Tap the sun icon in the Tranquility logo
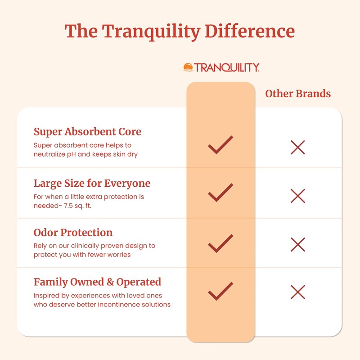tap(188, 67)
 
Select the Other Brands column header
tap(298, 94)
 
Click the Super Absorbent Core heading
tap(87, 132)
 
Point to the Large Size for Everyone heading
tap(92, 184)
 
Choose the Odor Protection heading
tap(73, 233)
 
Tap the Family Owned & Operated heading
tap(97, 282)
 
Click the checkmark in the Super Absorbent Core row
tap(220, 144)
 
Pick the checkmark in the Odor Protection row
tap(220, 243)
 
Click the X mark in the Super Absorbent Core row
tap(298, 147)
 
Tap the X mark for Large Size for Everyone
tap(298, 196)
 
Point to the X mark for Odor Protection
tap(298, 244)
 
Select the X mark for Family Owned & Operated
tap(298, 292)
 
